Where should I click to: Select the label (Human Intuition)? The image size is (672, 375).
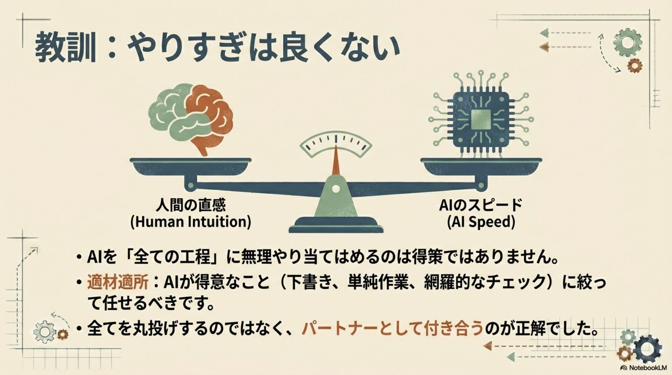click(x=191, y=222)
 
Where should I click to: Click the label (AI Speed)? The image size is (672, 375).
click(x=481, y=222)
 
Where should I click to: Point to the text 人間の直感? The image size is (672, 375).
click(x=191, y=205)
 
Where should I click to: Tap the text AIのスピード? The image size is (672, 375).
click(x=481, y=205)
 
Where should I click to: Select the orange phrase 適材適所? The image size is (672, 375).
click(x=118, y=282)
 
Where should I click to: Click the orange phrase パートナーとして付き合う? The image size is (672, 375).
click(x=392, y=328)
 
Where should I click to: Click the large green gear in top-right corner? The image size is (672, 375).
click(x=628, y=43)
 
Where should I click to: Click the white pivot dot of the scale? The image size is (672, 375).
click(x=336, y=189)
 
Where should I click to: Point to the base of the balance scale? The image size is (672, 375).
click(x=336, y=226)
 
